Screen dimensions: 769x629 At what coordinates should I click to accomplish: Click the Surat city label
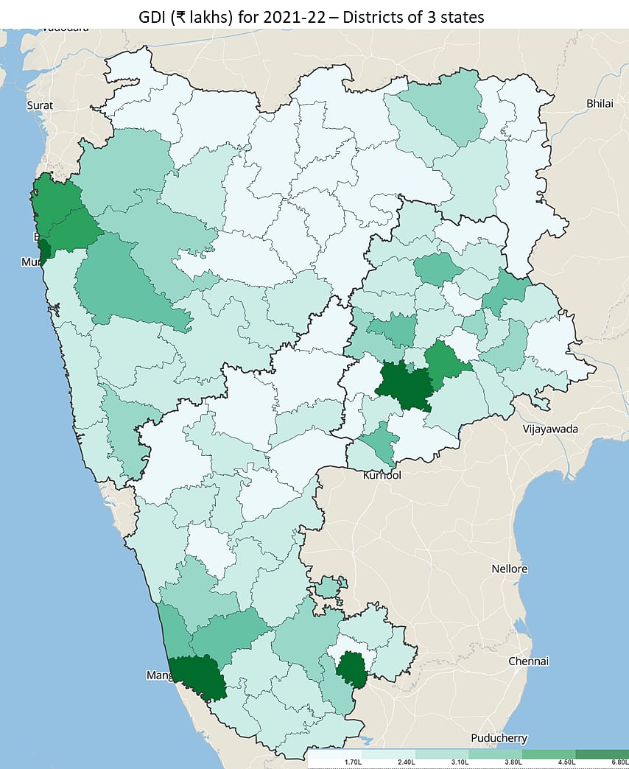(x=40, y=105)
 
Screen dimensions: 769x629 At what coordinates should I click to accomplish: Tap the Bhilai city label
(x=600, y=103)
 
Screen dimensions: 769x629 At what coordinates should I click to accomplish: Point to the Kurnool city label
(x=382, y=476)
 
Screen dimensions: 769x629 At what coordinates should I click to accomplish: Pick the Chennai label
(x=529, y=661)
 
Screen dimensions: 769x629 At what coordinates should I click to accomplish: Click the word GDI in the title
(x=156, y=16)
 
